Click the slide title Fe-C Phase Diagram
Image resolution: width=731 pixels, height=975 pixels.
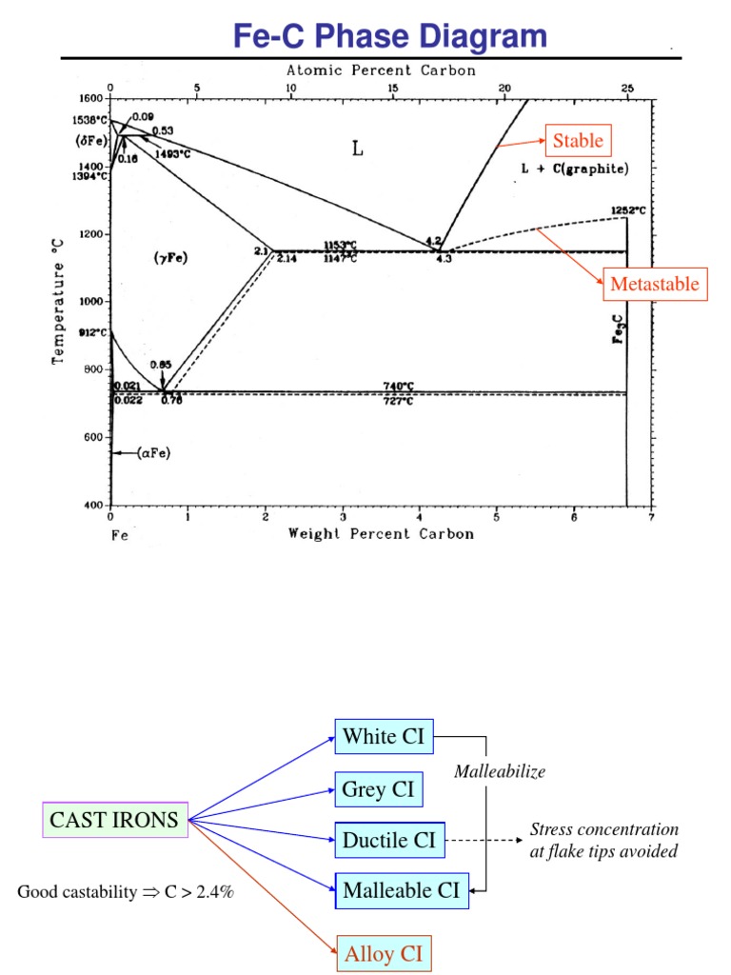[x=390, y=36]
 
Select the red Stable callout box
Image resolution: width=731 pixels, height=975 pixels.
[x=578, y=142]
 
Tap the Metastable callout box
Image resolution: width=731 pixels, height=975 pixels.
[x=654, y=284]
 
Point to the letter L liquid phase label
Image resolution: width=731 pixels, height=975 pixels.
[x=358, y=149]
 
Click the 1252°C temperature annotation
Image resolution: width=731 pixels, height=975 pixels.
[x=629, y=210]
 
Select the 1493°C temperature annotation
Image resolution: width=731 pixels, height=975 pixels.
[x=172, y=153]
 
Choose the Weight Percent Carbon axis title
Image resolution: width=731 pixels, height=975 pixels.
[x=381, y=534]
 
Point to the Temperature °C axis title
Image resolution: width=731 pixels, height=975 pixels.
[x=59, y=300]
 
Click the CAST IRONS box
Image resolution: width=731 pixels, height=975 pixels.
[x=114, y=820]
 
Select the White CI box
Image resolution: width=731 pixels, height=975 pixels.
[x=384, y=736]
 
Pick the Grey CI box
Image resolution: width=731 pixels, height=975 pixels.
[x=378, y=789]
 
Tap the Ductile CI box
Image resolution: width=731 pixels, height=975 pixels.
[x=389, y=840]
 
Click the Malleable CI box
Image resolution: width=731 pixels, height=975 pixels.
[x=402, y=891]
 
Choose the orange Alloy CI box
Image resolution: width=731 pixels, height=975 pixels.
[x=384, y=953]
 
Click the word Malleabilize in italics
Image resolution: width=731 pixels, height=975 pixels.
[x=500, y=772]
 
